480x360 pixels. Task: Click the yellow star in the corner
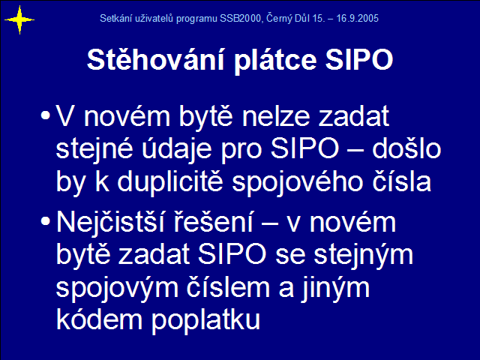pos(19,20)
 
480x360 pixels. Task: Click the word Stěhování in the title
pos(156,59)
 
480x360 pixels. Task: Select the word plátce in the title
pos(275,61)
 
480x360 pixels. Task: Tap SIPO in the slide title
pos(359,60)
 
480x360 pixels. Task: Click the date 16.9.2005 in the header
pos(358,19)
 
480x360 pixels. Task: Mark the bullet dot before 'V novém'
pos(45,115)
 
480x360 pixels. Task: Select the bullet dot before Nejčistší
pos(45,221)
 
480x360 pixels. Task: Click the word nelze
pos(276,115)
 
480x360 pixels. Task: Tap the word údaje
pos(177,150)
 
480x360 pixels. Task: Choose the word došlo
pos(406,148)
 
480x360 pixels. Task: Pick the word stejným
pos(363,256)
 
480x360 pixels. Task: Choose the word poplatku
pos(205,321)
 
